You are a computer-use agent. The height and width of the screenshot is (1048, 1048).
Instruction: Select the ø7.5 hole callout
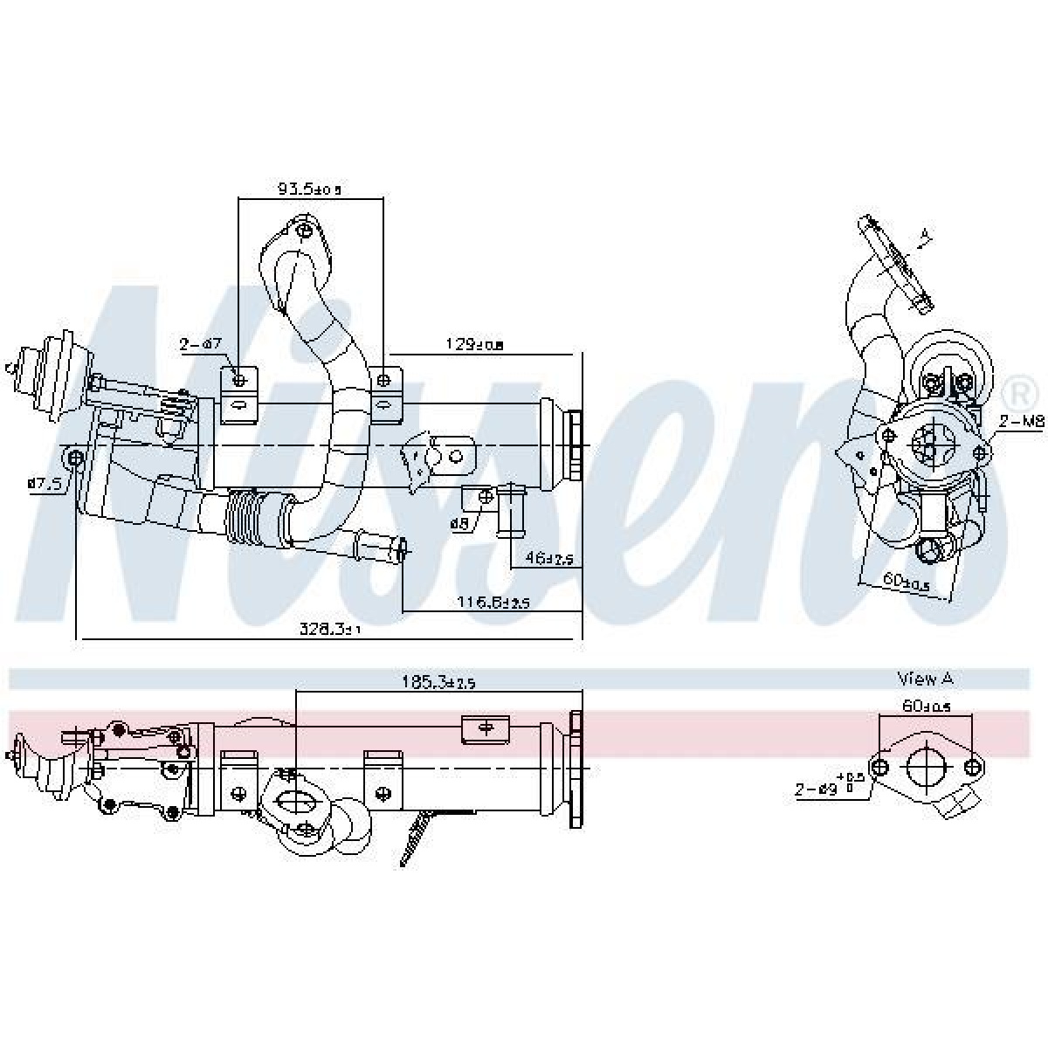coord(44,482)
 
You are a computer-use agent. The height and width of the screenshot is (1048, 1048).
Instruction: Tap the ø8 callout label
coord(460,523)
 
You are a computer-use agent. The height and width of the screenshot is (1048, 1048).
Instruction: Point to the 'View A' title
coord(923,679)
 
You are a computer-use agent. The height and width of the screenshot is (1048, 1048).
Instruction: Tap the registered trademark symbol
coord(1017,393)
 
